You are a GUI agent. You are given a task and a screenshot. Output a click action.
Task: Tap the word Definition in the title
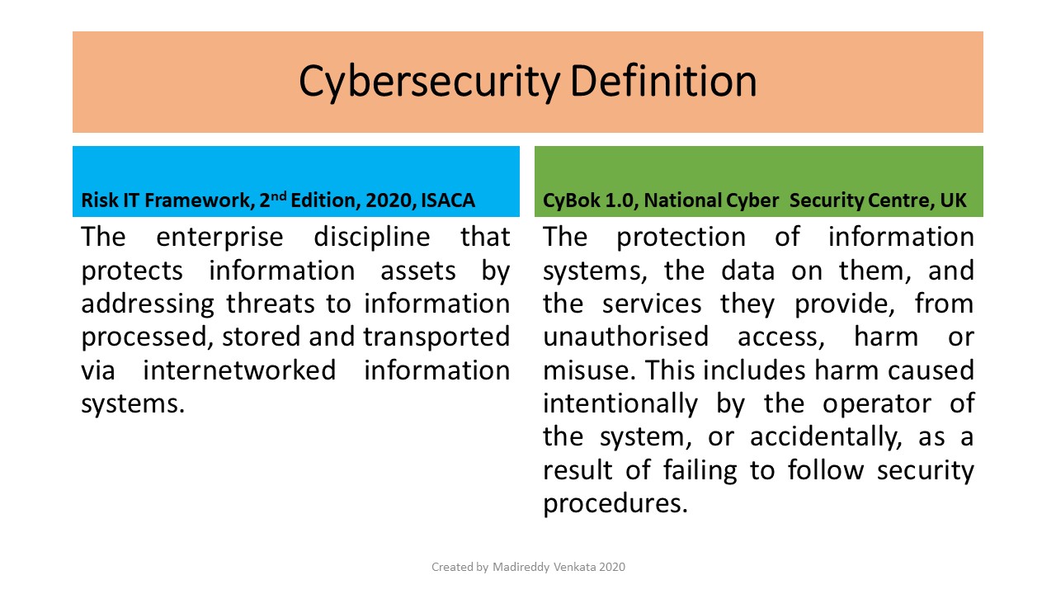[x=663, y=81]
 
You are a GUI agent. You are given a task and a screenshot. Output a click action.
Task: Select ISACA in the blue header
[x=447, y=200]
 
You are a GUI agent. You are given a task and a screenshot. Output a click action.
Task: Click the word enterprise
[x=219, y=238]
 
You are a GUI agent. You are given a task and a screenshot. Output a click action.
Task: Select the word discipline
[x=371, y=237]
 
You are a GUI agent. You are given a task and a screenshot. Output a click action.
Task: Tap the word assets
[x=418, y=271]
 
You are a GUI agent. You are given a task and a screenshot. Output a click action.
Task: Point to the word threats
[x=270, y=304]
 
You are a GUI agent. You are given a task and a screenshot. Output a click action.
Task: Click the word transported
[x=436, y=337]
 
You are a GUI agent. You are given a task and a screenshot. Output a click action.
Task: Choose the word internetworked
[x=239, y=370]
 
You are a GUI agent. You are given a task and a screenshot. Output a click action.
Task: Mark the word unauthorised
[x=625, y=337]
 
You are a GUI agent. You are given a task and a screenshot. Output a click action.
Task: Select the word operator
[x=877, y=404]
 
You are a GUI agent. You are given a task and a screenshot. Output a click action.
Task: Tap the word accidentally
[x=826, y=437]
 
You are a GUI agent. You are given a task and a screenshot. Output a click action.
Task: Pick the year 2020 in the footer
[x=612, y=567]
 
